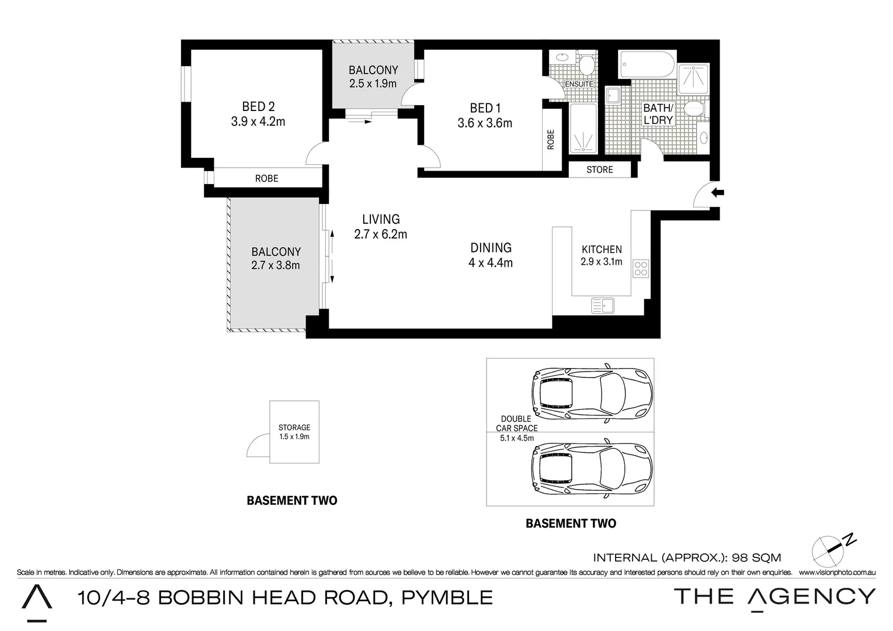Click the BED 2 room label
258,106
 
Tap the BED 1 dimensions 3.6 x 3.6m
485,123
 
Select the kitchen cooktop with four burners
641,268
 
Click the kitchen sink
602,305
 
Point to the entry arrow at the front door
717,192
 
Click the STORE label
600,170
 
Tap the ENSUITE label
579,84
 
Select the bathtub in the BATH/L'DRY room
647,64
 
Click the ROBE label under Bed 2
266,178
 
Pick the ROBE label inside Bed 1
550,140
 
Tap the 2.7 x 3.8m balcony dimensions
276,265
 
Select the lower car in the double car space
591,468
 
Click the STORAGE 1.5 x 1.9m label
294,432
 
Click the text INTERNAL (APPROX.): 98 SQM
687,558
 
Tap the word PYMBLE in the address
447,598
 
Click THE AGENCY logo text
774,597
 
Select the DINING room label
491,248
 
